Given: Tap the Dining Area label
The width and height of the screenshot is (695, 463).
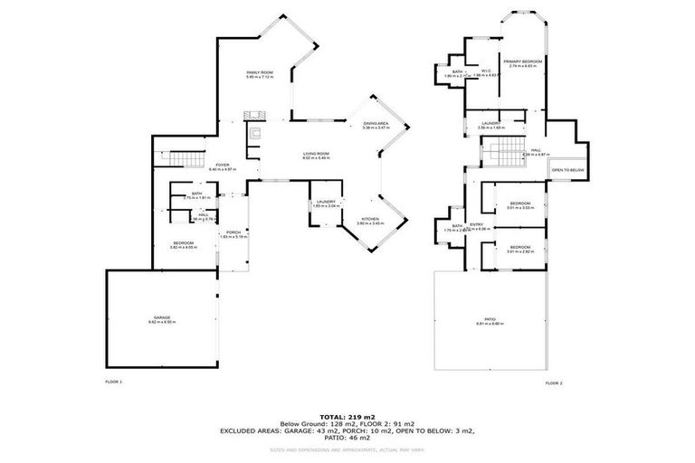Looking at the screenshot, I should (375, 127).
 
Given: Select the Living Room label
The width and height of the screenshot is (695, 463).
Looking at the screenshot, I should (316, 156).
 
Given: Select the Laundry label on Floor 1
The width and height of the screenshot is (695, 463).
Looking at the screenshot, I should (326, 203).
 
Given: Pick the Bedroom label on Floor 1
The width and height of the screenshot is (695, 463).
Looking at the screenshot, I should (186, 244).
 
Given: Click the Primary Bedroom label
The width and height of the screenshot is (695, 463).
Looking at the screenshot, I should (522, 62).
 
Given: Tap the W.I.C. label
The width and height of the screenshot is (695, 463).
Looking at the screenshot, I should (486, 73).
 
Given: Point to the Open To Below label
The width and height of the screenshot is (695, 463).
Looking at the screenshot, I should (567, 170).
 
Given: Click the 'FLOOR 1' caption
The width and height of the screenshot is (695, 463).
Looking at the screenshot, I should (114, 383).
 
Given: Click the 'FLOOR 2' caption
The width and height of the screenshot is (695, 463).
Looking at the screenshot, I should (554, 383).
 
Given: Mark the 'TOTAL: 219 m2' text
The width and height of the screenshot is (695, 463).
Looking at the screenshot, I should (347, 417).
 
